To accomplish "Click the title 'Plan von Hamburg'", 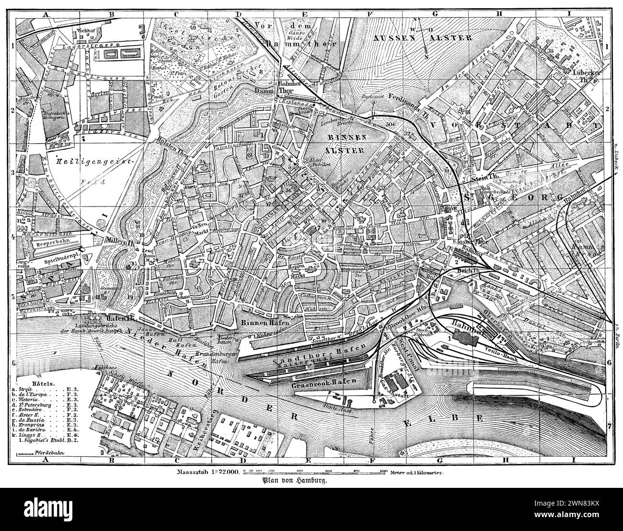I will tap(294, 481).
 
